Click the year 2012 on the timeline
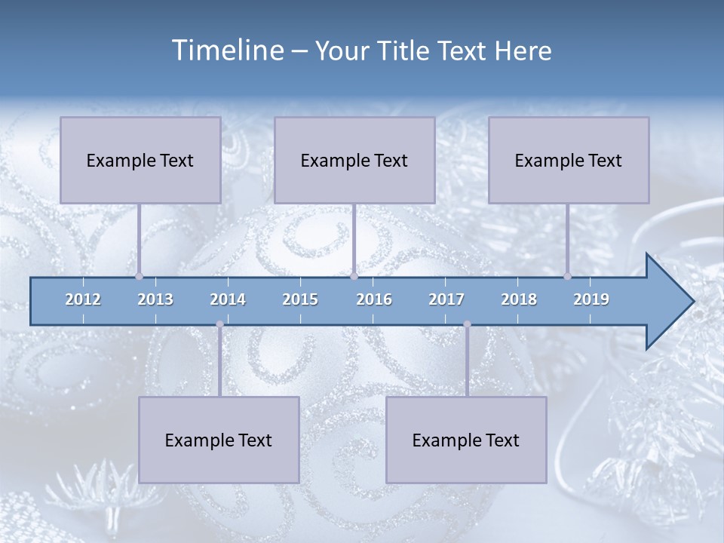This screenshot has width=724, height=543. (83, 299)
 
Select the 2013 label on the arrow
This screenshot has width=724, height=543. (155, 299)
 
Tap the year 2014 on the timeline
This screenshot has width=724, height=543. (228, 299)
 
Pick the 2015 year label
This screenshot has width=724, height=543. (300, 299)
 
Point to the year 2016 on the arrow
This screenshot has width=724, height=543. (374, 299)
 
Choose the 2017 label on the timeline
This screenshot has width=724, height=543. (446, 299)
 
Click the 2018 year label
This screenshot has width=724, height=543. (519, 299)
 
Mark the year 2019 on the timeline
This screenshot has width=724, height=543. (591, 299)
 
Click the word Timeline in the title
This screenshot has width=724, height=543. (227, 51)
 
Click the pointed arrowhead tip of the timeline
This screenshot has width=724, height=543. (692, 302)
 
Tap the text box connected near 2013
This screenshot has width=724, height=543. (140, 160)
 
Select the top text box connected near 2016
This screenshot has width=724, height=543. (354, 160)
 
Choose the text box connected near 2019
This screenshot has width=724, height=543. (569, 160)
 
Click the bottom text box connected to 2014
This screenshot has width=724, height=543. (219, 440)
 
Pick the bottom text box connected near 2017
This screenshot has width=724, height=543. (466, 440)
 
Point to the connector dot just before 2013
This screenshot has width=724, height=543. (139, 276)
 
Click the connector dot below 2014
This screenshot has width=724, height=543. (219, 324)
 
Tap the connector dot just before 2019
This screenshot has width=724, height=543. (567, 276)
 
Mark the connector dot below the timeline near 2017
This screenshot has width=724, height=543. (467, 324)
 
